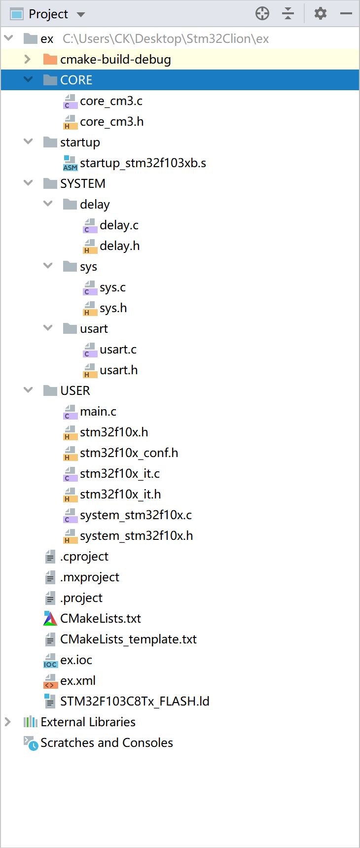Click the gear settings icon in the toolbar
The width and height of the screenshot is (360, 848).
pos(321,13)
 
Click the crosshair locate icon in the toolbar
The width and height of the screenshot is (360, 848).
pos(262,13)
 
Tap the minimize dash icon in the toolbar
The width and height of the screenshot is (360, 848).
pos(346,13)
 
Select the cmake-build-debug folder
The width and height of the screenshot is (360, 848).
pos(115,60)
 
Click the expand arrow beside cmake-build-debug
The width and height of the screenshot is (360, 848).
pos(28,60)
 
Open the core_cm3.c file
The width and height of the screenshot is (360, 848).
pos(111,101)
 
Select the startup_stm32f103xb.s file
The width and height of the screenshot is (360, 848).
pos(143,163)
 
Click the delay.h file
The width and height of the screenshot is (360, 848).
pos(119,246)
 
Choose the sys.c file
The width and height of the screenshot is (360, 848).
pos(112,287)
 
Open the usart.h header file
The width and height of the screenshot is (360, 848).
pos(118,370)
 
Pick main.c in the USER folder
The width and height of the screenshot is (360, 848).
pos(98,412)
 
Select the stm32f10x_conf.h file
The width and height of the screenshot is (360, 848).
pos(129,453)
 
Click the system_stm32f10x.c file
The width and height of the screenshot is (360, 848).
pos(136,515)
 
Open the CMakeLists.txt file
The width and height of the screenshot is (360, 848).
pos(100,619)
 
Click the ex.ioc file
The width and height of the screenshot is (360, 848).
pos(76,660)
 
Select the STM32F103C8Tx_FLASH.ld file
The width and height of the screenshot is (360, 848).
pos(134,702)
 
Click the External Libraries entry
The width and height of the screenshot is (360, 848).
pos(88,722)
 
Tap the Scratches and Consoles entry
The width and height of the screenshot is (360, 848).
pos(107,743)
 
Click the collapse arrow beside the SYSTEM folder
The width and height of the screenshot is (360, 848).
pos(28,183)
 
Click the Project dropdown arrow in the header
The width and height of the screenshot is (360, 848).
pos(81,14)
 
